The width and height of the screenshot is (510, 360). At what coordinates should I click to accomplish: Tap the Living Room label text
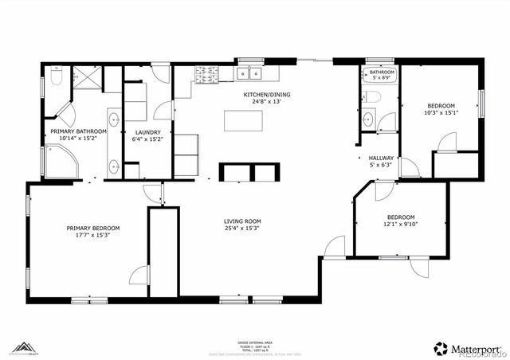(241, 221)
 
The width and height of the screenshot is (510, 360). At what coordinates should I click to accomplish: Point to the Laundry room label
(147, 132)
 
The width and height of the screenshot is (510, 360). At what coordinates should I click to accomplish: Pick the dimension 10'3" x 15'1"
(441, 113)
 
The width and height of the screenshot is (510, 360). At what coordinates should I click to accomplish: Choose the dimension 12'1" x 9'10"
(401, 225)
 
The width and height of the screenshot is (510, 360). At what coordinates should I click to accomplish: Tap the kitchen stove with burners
(207, 74)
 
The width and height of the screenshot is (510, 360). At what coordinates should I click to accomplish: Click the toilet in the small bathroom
(371, 97)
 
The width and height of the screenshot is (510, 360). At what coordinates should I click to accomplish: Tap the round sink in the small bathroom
(367, 120)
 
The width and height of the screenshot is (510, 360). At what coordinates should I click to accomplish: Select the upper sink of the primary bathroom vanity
(113, 121)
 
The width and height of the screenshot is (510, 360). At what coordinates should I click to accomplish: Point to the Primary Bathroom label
(78, 131)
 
